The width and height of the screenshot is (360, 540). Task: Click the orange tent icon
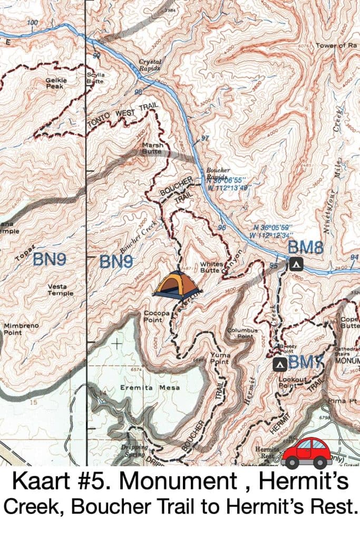[177, 286]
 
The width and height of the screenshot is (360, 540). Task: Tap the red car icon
[306, 452]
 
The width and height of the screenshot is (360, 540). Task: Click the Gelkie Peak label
[55, 84]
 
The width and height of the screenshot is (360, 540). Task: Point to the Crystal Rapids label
[150, 65]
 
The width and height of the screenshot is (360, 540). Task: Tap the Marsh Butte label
[152, 148]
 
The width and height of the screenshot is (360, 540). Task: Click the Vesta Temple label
[61, 290]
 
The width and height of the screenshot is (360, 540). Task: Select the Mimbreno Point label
[21, 329]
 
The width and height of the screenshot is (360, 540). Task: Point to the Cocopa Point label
[157, 316]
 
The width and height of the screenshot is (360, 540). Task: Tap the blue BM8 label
[305, 247]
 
